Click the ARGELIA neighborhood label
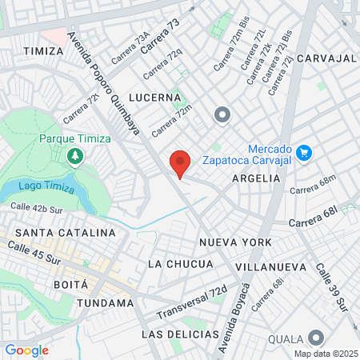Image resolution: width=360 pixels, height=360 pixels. coord(256,179)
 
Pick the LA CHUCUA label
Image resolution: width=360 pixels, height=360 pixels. coord(181,264)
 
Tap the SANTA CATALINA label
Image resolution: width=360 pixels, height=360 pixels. coord(59,233)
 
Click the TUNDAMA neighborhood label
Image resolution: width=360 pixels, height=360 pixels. coord(106,303)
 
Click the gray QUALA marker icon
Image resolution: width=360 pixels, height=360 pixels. coord(317,338)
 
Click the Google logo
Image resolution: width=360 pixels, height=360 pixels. coord(26,350)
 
